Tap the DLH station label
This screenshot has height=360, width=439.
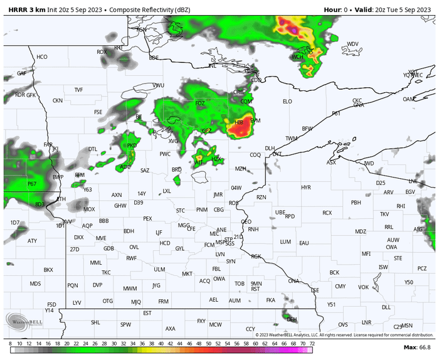[x=270, y=149]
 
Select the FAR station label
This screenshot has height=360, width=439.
[x=48, y=145]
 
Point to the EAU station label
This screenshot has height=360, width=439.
[x=304, y=243]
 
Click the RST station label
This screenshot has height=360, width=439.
[x=255, y=289]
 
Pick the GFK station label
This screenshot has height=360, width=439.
[x=31, y=95]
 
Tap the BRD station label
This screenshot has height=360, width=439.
[x=177, y=169]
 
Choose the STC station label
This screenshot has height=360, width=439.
[x=181, y=210]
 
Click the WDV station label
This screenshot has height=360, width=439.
[x=352, y=44]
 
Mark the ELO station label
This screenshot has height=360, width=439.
[x=287, y=101]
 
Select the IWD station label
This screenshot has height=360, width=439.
[x=369, y=164]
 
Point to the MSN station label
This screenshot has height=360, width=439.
[x=408, y=326]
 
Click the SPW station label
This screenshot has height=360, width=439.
[x=126, y=324]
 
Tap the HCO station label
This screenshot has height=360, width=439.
[x=42, y=57]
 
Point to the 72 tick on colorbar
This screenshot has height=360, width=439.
[x=312, y=344]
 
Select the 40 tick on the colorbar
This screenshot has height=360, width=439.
[x=161, y=344]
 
